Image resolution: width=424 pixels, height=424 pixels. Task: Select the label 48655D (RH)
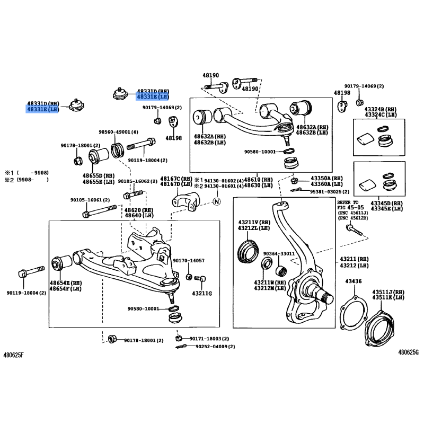pyautogui.click(x=98, y=175)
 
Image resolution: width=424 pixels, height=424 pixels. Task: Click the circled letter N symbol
pyautogui.click(x=216, y=201)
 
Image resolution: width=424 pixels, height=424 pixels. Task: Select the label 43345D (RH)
pyautogui.click(x=386, y=203)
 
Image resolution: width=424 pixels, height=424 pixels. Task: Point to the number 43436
pyautogui.click(x=354, y=281)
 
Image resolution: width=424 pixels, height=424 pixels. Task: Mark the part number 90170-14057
pyautogui.click(x=189, y=261)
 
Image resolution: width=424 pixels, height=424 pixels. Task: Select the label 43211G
pyautogui.click(x=201, y=293)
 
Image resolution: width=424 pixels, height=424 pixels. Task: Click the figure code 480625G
pyautogui.click(x=409, y=352)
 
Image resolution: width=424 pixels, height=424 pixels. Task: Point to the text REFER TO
pyautogui.click(x=348, y=202)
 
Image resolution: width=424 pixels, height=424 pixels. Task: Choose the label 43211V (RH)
pyautogui.click(x=254, y=222)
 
